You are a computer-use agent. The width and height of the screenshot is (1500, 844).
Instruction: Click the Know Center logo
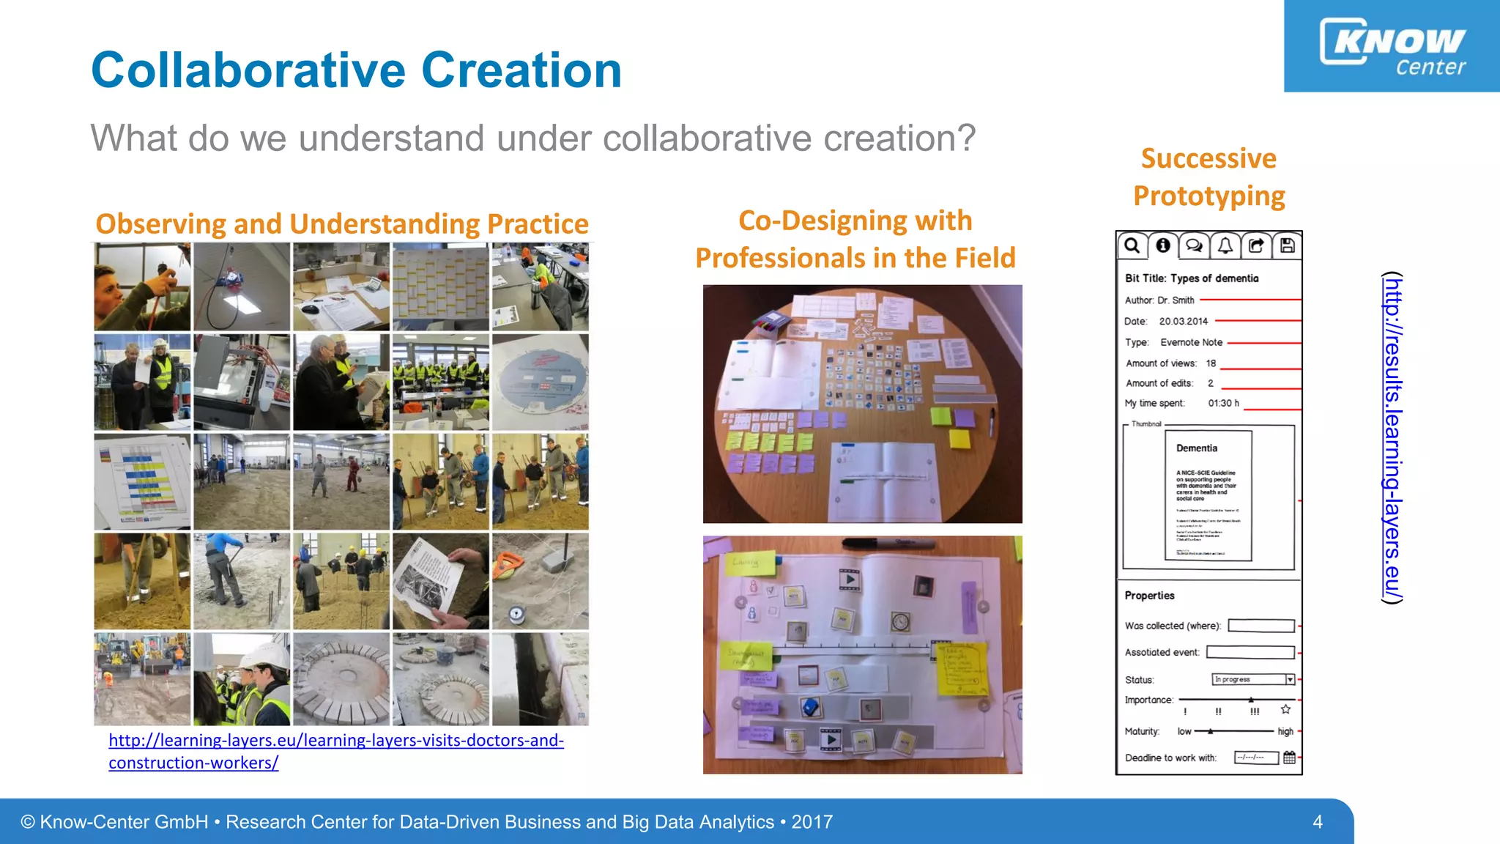(x=1392, y=46)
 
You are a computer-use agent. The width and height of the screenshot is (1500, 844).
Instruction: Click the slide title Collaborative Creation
(x=356, y=70)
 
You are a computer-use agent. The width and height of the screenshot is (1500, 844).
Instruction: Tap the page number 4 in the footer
(x=1317, y=822)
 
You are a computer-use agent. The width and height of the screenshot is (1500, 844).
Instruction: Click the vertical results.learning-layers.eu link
(x=1392, y=437)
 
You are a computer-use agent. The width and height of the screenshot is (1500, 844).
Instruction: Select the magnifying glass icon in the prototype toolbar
(x=1132, y=245)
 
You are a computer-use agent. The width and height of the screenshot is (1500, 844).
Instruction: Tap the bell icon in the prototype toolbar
(x=1225, y=245)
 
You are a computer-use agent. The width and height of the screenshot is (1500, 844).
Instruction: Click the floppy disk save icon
(x=1287, y=245)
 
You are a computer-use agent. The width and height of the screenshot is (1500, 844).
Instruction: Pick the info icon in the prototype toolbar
(x=1162, y=245)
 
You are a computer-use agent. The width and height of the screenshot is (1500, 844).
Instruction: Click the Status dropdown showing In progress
(x=1253, y=679)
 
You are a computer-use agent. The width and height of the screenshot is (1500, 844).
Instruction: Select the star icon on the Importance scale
(x=1285, y=709)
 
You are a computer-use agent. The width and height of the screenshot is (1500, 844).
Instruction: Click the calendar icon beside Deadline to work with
(x=1289, y=758)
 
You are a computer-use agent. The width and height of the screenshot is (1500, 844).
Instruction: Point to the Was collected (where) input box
(x=1261, y=626)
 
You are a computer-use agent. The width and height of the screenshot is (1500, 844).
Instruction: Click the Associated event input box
(x=1250, y=652)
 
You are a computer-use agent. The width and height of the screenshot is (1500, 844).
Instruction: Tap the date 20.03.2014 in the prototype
(x=1183, y=321)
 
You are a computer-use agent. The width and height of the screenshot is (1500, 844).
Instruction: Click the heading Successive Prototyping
(x=1208, y=177)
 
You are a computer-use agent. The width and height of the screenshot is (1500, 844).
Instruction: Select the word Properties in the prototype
(x=1149, y=596)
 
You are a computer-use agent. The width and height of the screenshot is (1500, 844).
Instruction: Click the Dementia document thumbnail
(x=1208, y=495)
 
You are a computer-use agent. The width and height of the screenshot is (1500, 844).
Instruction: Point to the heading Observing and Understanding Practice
(x=342, y=223)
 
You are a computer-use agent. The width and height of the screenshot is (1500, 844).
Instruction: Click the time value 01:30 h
(x=1223, y=403)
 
